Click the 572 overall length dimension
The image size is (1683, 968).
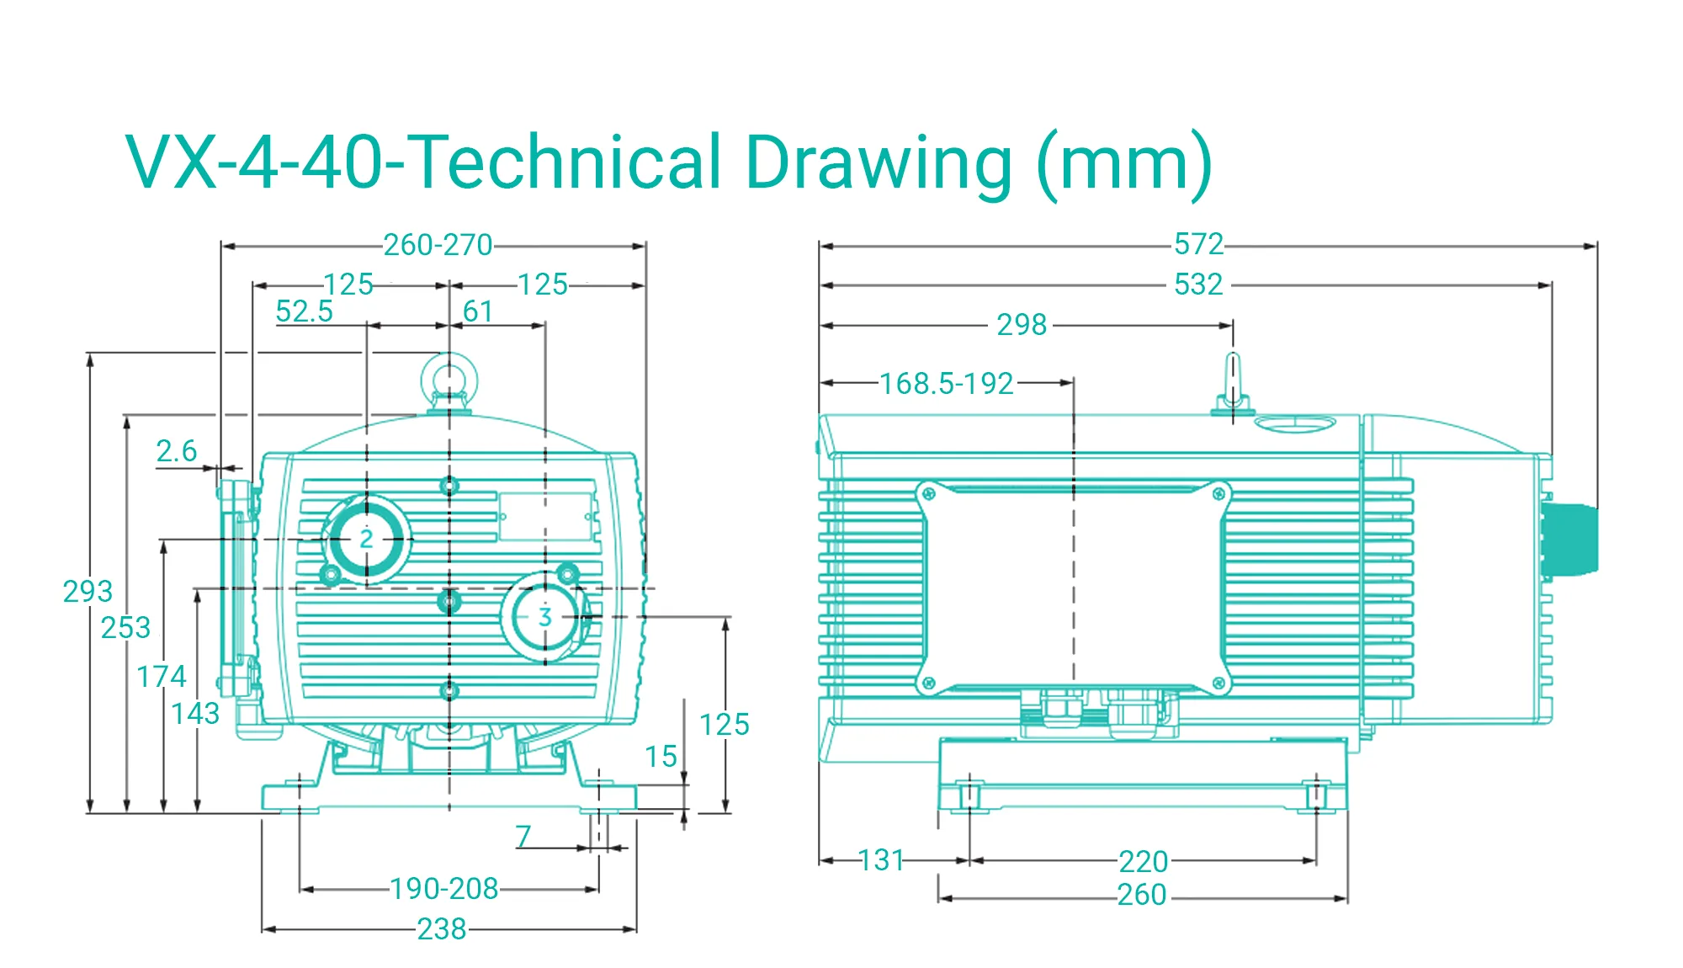[1198, 244]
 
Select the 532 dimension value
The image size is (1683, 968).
[1198, 285]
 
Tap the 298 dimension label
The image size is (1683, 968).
[1022, 325]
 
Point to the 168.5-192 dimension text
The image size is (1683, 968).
[947, 384]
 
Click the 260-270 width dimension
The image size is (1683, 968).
[438, 245]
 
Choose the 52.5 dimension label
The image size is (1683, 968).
[304, 311]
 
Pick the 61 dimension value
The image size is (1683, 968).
[478, 311]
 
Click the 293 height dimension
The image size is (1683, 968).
[88, 592]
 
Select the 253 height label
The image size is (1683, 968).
[125, 628]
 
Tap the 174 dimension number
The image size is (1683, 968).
[162, 677]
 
